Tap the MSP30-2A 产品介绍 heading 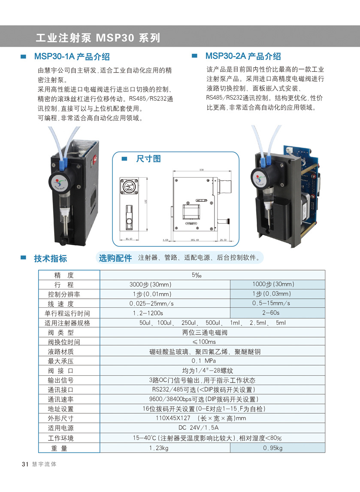[243, 56]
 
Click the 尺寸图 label [148, 159]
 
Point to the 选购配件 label [115, 258]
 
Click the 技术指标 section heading [50, 258]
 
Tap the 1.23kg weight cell [159, 448]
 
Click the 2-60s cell [271, 313]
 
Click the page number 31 [24, 464]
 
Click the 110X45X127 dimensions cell [200, 418]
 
